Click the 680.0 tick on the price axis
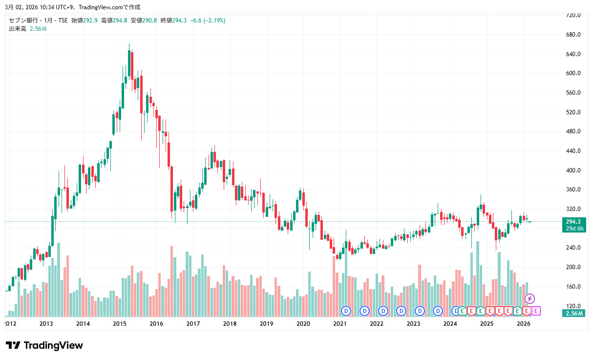click(x=572, y=35)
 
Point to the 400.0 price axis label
click(x=572, y=170)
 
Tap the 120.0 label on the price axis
click(x=572, y=306)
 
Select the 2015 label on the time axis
click(x=120, y=323)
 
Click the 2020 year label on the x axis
click(x=303, y=323)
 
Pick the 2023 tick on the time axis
click(x=413, y=323)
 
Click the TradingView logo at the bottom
click(x=44, y=345)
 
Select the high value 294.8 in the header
click(x=121, y=21)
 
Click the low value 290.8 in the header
click(x=150, y=21)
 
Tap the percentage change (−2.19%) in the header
click(x=215, y=21)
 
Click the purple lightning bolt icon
click(x=529, y=298)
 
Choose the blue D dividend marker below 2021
click(x=346, y=310)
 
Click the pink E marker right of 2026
click(x=536, y=310)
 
